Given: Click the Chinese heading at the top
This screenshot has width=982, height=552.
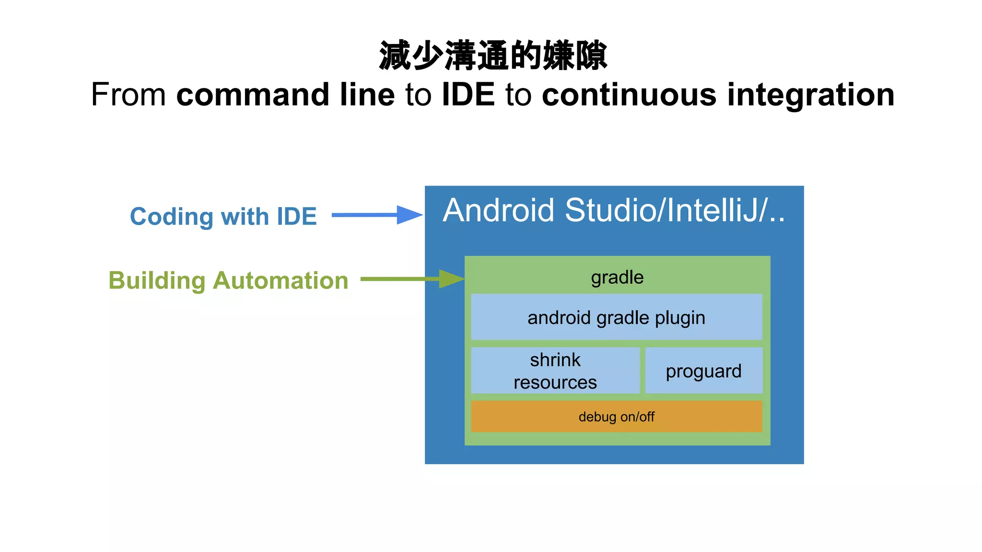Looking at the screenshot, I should coord(493,56).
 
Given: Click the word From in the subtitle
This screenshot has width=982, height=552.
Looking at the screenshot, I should coord(129,94).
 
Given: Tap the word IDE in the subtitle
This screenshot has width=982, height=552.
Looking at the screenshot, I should coord(468,94).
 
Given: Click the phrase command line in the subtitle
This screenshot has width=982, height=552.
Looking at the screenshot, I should coord(286,94).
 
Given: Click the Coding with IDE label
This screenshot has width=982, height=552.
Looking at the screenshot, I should coord(223,216).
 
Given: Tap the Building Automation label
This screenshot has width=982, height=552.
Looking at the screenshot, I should coord(228,280).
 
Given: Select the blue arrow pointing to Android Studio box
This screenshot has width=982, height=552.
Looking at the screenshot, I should coord(377,215).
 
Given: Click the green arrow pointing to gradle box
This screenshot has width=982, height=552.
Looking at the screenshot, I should coord(412,279).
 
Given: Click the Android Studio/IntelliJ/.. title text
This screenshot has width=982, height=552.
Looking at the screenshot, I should coord(614,211).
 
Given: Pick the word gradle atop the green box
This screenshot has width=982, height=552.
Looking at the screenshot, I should coord(617,277).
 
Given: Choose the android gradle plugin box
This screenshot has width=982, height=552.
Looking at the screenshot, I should coord(616,317).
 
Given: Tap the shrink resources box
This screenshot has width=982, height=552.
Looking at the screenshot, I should coord(555,371).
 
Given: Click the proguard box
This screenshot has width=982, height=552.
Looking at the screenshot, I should coord(703,371).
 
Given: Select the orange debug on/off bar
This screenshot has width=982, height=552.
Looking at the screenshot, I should coord(616,416).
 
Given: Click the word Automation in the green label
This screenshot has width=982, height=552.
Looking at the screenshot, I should coord(281,280).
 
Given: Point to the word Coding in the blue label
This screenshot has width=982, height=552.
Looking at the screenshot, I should coord(171,217).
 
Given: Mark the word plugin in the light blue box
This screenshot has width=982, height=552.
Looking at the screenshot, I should coord(680,319).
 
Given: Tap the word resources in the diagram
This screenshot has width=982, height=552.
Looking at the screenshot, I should coord(555,382).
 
